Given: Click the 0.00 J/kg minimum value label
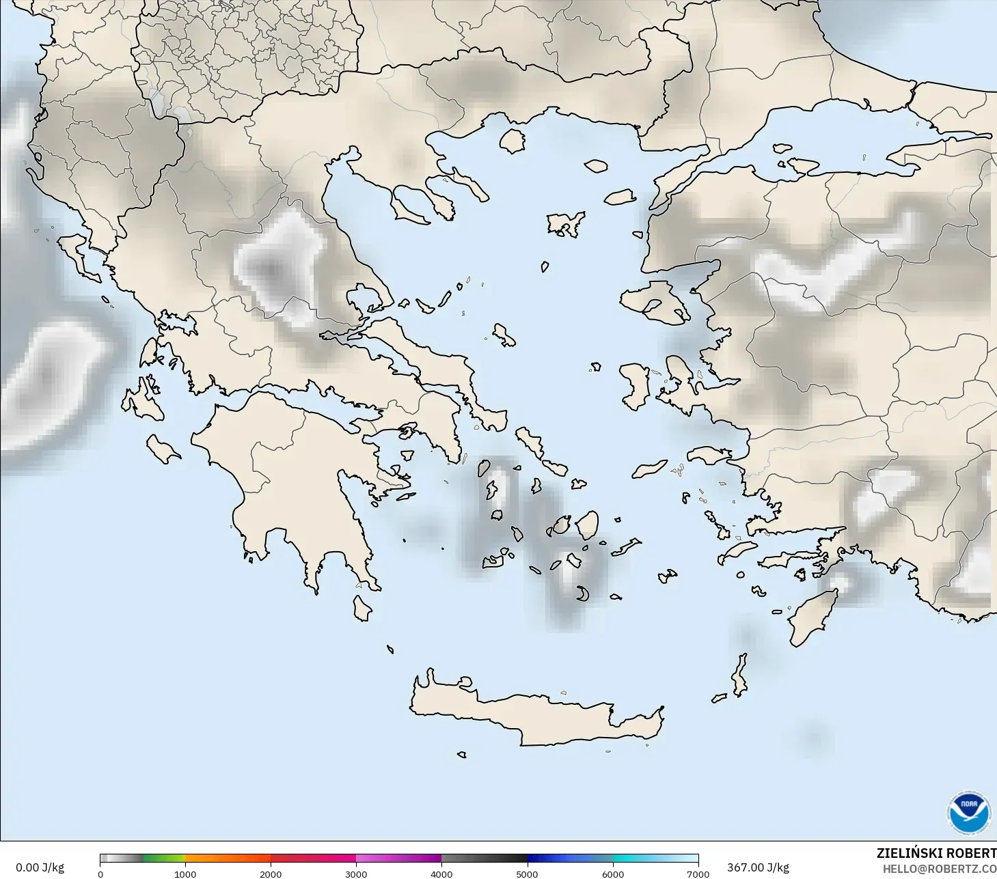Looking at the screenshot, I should pyautogui.click(x=40, y=867).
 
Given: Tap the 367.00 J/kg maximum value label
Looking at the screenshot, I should pyautogui.click(x=758, y=867).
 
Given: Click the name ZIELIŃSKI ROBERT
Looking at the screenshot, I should pyautogui.click(x=936, y=853).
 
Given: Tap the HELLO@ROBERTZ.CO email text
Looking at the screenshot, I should pyautogui.click(x=939, y=869).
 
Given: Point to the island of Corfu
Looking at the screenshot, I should pyautogui.click(x=79, y=256).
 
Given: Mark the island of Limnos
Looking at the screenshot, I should pyautogui.click(x=566, y=223).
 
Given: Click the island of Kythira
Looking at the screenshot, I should pyautogui.click(x=361, y=608).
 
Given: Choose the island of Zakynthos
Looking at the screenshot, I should pyautogui.click(x=163, y=449).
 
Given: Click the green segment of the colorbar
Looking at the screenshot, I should pyautogui.click(x=164, y=859).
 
